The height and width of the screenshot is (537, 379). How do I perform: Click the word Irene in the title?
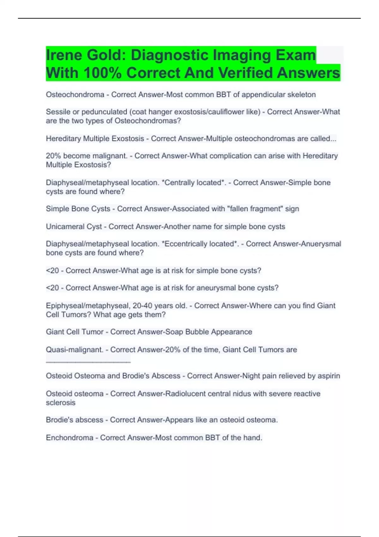(x=63, y=55)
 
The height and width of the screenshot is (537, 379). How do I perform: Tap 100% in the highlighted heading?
(x=103, y=73)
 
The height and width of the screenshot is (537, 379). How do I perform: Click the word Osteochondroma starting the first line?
(x=75, y=94)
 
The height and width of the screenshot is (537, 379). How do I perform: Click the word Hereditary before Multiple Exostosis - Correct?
(x=63, y=139)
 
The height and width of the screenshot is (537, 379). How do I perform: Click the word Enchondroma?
(x=69, y=438)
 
